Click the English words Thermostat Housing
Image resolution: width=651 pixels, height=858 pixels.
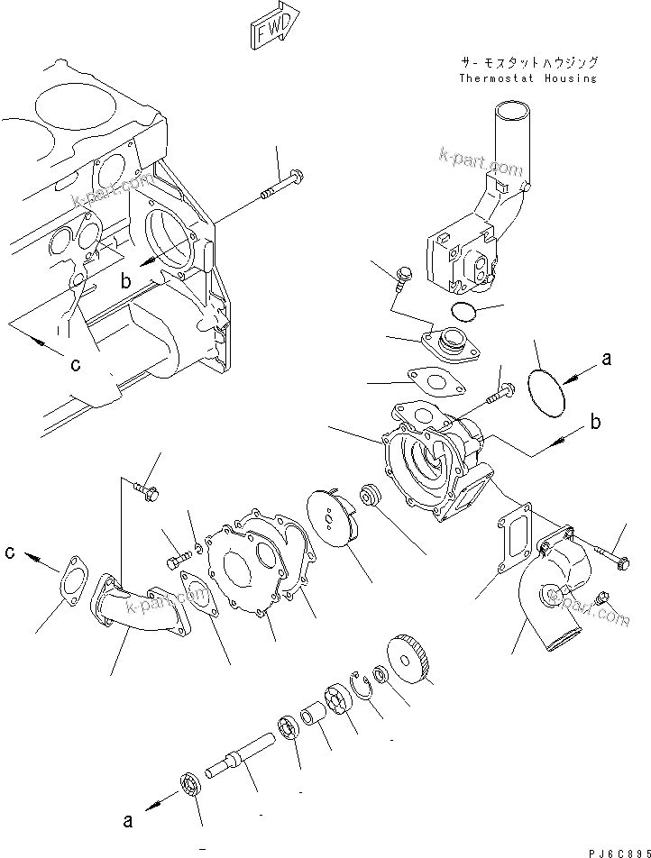[x=527, y=78]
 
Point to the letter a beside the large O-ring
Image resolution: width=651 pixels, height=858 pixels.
[x=606, y=359]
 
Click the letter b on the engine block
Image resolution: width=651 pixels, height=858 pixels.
[x=126, y=281]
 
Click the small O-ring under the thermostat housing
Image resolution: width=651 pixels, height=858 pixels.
[x=463, y=312]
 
